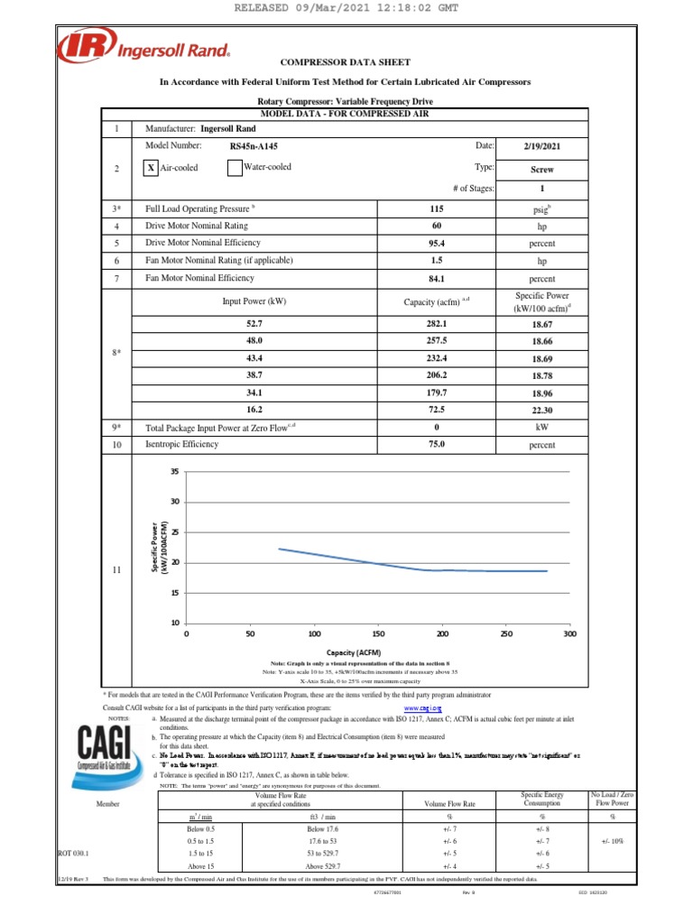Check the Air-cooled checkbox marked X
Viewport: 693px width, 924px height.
pyautogui.click(x=152, y=168)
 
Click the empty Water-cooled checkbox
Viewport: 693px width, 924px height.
pyautogui.click(x=234, y=168)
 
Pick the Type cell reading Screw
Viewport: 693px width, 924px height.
pyautogui.click(x=542, y=169)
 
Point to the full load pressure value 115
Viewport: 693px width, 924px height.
pyautogui.click(x=437, y=208)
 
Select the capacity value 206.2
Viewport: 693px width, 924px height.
pyautogui.click(x=437, y=373)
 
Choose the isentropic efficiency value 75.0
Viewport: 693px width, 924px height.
pyautogui.click(x=437, y=444)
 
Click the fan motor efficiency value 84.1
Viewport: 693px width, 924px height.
pyautogui.click(x=437, y=279)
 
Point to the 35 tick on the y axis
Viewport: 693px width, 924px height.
pyautogui.click(x=175, y=472)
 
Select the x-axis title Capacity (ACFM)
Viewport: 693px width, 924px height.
pyautogui.click(x=355, y=652)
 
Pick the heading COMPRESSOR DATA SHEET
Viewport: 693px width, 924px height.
pyautogui.click(x=346, y=62)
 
